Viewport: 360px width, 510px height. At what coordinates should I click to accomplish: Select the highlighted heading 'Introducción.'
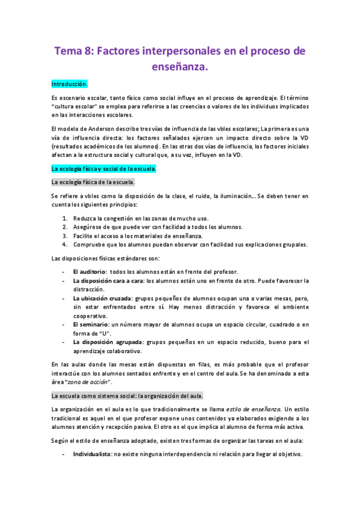(x=70, y=84)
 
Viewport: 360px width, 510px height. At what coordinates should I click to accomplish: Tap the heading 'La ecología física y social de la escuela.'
(x=103, y=169)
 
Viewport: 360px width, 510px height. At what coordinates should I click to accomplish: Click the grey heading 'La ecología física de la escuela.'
(x=94, y=182)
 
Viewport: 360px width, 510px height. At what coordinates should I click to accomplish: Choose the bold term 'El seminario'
(x=90, y=325)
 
